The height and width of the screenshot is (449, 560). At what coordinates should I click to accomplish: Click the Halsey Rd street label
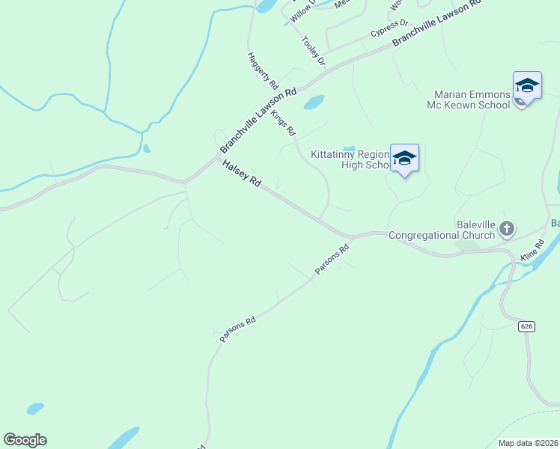pos(240,172)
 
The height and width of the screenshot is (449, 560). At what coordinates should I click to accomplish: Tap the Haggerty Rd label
pos(263,72)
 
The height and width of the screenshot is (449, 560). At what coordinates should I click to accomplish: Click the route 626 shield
pos(526,326)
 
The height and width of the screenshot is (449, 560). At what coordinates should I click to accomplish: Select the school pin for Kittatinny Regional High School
pos(404,158)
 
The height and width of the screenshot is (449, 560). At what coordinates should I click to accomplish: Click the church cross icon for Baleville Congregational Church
pos(507,228)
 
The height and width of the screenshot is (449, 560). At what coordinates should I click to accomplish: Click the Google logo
pos(25,440)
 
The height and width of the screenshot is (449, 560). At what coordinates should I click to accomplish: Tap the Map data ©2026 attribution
pos(528,443)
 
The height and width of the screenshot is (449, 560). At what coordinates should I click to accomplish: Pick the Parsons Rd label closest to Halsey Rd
pos(332,259)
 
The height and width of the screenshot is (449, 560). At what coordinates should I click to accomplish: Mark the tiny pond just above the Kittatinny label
pos(348,147)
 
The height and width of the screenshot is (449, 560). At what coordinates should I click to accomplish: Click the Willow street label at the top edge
pos(303,10)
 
